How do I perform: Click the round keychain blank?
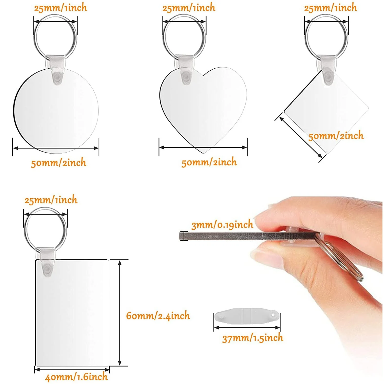(56, 111)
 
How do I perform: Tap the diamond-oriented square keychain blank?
(326, 112)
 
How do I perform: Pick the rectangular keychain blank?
(72, 313)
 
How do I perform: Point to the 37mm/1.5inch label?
(253, 338)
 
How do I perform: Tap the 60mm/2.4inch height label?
(158, 316)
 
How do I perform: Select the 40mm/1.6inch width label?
(76, 377)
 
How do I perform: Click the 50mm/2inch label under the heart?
(209, 162)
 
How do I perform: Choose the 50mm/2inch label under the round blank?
(58, 163)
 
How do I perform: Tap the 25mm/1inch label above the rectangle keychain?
(51, 200)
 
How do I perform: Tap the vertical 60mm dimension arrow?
(120, 313)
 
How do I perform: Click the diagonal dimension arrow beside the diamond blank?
(301, 137)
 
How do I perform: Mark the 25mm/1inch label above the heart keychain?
(189, 8)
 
